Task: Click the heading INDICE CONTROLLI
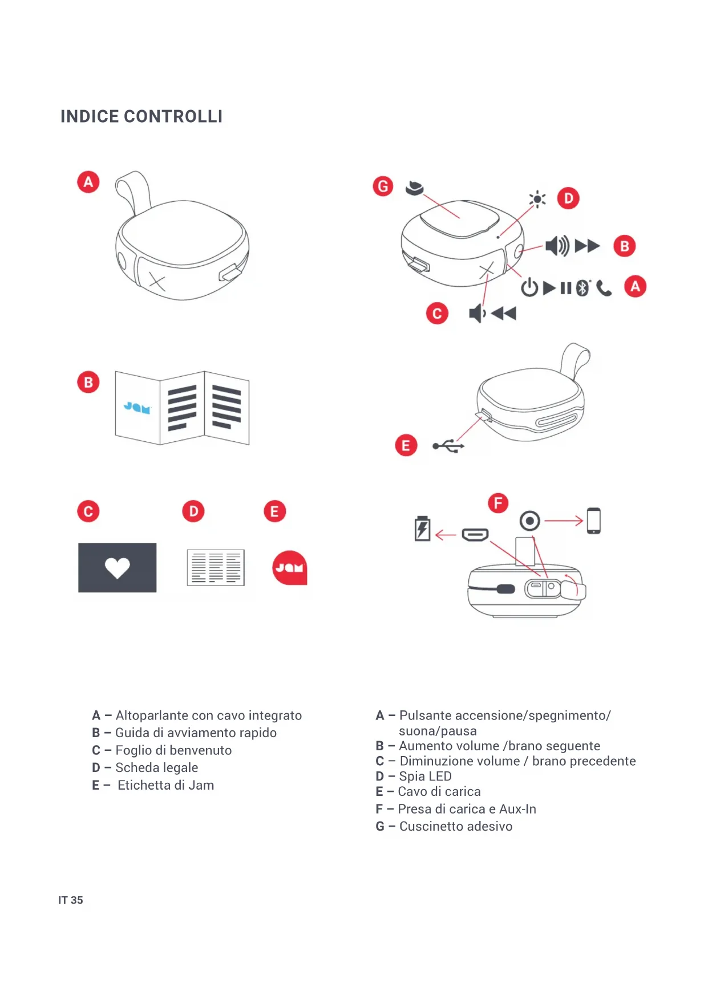point(141,116)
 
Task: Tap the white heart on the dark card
point(118,567)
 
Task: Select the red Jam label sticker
point(290,568)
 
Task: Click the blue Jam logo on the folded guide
point(137,408)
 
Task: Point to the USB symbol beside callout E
point(448,446)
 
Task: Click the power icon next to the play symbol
point(529,287)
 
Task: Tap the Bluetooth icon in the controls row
point(582,288)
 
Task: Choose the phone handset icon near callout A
point(604,289)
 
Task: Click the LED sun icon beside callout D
point(537,199)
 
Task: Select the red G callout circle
point(383,186)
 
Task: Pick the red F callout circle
point(498,503)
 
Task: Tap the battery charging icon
point(422,529)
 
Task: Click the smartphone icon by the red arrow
point(594,521)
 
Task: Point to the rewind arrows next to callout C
point(504,313)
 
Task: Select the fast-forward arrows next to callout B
point(587,246)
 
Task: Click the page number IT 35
point(71,900)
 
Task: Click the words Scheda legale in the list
point(157,767)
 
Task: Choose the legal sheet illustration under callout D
point(216,567)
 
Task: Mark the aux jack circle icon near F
point(530,521)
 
